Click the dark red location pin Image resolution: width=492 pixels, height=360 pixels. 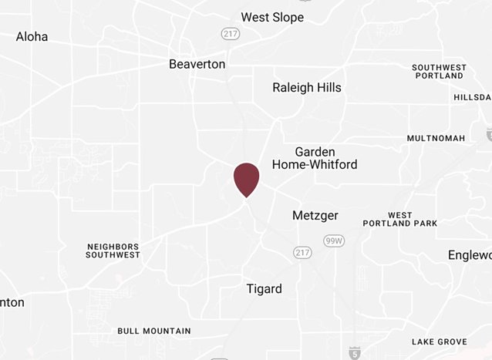point(246,178)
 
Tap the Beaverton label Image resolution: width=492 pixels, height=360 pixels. point(197,64)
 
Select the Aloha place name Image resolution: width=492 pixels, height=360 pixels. point(32,37)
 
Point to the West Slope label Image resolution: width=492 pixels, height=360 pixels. point(272,17)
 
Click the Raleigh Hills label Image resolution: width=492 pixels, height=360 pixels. point(307,87)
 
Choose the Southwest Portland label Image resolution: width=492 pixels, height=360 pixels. point(438,72)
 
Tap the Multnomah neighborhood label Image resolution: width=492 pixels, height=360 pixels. point(436,138)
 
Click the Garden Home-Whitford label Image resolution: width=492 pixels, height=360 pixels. point(314,159)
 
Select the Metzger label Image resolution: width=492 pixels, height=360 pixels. point(315,215)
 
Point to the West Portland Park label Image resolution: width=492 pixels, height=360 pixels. point(412,220)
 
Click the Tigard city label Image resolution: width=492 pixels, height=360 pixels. point(264,289)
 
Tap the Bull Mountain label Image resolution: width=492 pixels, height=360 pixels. point(154,331)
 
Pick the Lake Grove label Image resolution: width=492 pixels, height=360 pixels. point(439,341)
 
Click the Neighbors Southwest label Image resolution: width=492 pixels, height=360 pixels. point(113,251)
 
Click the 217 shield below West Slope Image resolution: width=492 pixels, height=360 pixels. point(229,34)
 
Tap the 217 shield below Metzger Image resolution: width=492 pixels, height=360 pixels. point(302,252)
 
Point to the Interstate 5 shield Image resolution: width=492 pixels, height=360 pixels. point(354,353)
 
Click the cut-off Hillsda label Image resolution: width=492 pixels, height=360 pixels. point(472,98)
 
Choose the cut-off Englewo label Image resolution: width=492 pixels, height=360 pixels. point(469,255)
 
